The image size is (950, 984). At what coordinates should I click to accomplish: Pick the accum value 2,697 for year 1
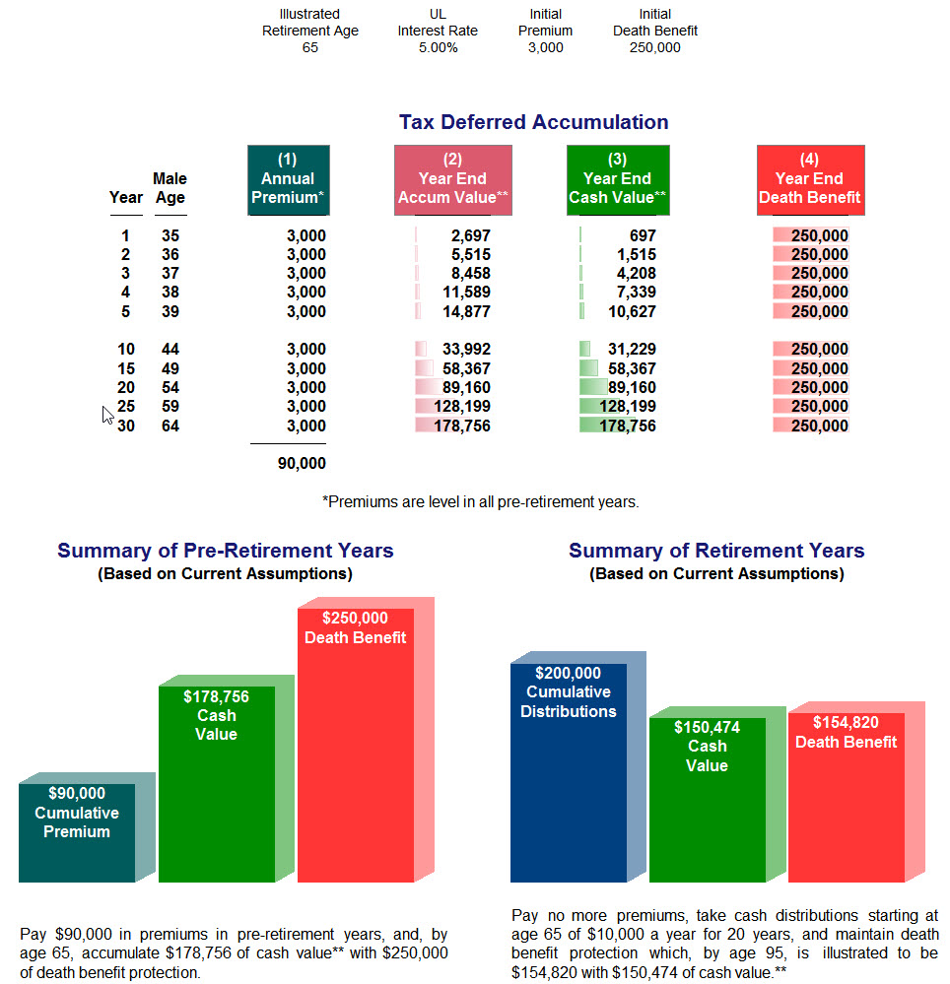click(470, 235)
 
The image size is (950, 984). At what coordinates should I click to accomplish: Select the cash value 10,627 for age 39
click(632, 311)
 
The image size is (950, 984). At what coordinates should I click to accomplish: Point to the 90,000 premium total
click(302, 463)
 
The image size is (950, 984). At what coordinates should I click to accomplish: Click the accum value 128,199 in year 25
click(458, 406)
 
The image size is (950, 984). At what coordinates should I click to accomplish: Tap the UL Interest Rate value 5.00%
click(438, 47)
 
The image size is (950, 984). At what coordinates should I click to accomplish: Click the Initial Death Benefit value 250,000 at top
click(654, 47)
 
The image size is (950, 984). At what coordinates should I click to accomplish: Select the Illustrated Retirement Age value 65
click(309, 47)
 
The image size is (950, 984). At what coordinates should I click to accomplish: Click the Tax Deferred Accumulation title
click(533, 122)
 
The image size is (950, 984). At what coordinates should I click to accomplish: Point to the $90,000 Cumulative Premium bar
click(77, 827)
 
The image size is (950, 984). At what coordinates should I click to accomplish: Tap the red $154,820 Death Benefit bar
click(846, 798)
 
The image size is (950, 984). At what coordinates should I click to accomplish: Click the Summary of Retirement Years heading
click(716, 551)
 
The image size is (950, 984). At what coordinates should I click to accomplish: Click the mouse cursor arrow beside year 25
click(107, 414)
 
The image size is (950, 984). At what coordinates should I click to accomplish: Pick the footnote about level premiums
click(480, 501)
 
